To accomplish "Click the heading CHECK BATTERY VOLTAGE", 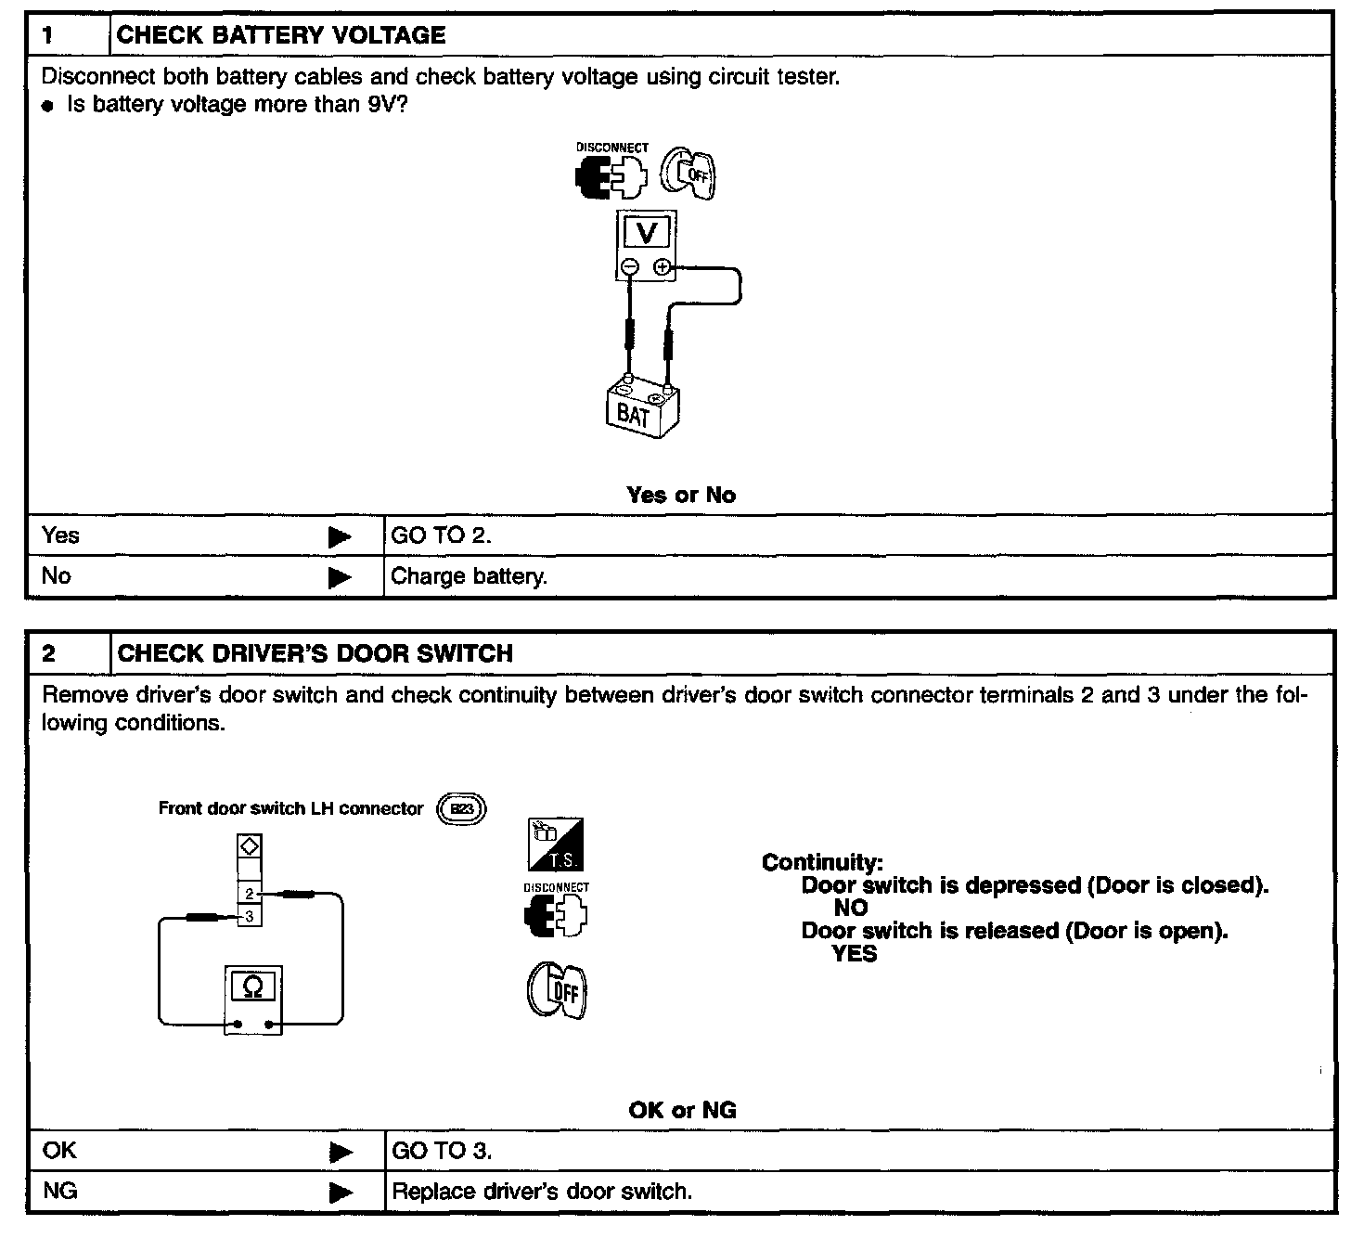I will point(281,35).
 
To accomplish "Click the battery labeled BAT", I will point(639,409).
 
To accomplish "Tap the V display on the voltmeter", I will point(646,232).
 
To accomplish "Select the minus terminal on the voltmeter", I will point(630,267).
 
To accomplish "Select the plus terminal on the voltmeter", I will point(662,267).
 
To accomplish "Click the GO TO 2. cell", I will point(442,535).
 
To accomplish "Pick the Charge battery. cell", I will point(469,576).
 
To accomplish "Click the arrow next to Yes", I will point(340,536).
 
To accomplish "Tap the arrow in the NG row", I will point(341,1192).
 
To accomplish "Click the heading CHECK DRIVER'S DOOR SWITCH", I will point(315,653).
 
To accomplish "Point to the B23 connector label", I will point(461,808).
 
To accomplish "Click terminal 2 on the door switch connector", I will point(250,894).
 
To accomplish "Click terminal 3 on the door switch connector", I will point(250,916).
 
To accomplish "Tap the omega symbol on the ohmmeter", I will point(252,987).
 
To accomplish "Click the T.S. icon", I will point(556,845).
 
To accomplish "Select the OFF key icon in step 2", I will point(558,992).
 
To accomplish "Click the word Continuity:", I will point(822,862).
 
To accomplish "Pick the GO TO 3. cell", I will point(442,1152).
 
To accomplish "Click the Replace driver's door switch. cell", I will point(542,1192).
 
